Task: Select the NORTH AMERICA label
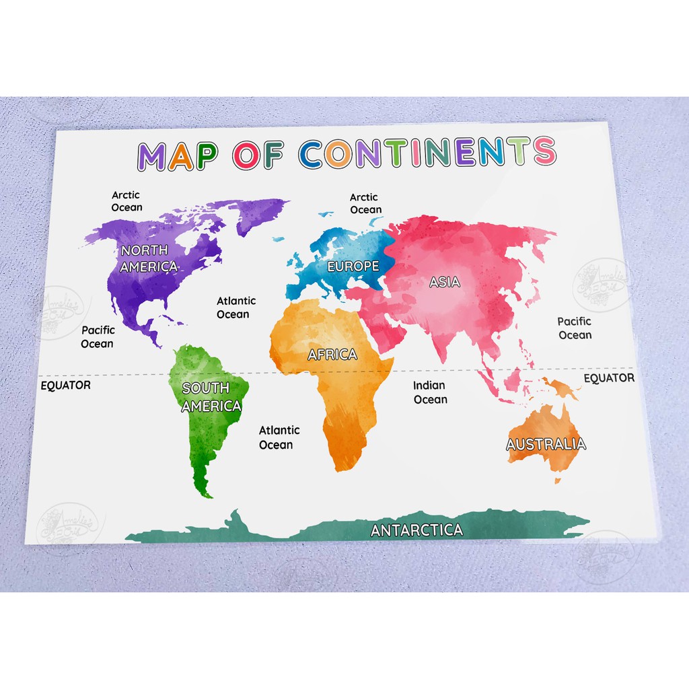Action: [149, 258]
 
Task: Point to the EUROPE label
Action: [353, 266]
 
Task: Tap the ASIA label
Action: [445, 282]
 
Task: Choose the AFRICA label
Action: [332, 355]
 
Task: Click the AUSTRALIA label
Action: [546, 444]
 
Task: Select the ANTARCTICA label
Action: [417, 530]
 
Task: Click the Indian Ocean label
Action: [430, 392]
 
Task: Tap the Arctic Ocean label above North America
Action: [126, 201]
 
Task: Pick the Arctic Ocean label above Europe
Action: [365, 203]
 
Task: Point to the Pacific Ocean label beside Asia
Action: [575, 328]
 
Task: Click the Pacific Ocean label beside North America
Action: [98, 337]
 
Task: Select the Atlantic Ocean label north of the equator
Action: [233, 307]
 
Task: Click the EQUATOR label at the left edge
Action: [65, 386]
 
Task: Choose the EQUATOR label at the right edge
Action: [608, 378]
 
